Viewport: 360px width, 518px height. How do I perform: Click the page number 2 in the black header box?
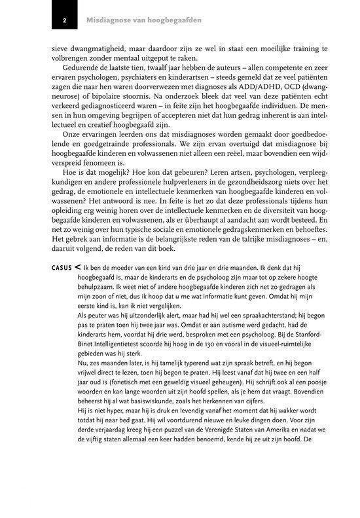64,20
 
